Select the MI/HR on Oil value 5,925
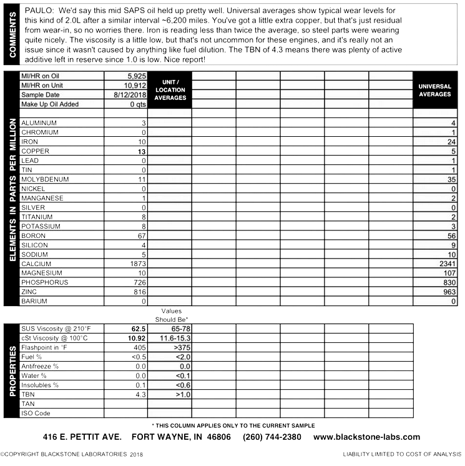tap(134, 76)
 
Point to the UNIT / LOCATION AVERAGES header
tap(170, 89)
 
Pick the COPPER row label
tap(36, 151)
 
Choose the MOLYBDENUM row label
tap(45, 179)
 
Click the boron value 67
tap(140, 235)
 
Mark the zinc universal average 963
tap(449, 292)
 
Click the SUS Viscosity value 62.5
tap(138, 329)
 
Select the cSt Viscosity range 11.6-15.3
tap(171, 338)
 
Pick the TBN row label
tap(28, 394)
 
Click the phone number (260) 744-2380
tap(272, 437)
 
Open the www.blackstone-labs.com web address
tap(366, 437)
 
